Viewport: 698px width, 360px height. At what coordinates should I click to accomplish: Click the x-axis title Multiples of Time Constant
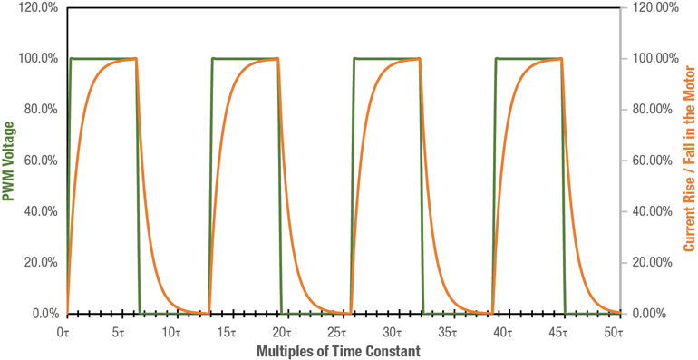(342, 349)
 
